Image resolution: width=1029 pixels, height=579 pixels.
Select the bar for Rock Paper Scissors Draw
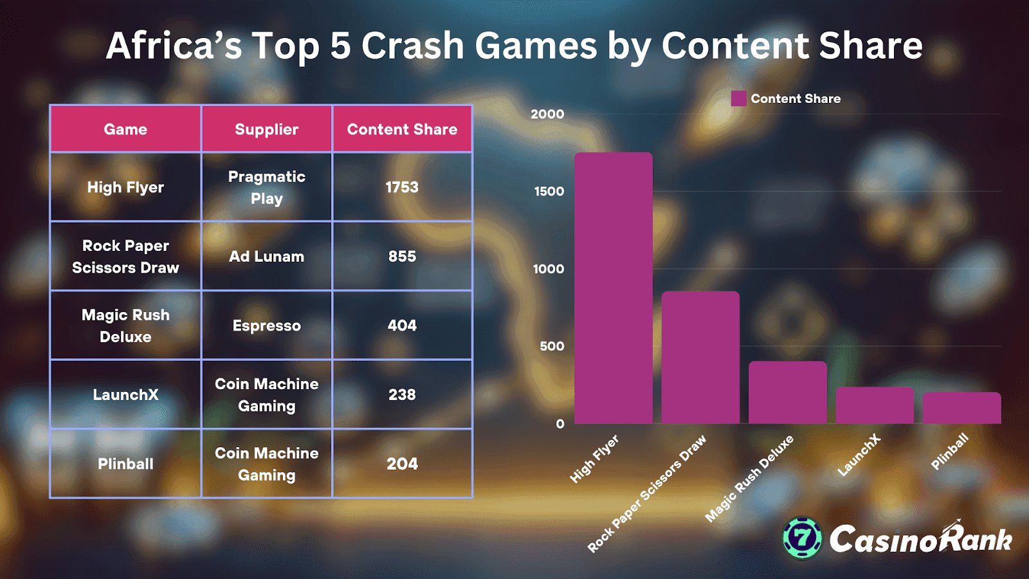tap(700, 358)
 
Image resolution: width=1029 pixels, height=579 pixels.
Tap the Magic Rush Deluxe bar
tap(787, 392)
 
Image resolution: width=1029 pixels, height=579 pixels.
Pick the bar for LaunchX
tap(875, 405)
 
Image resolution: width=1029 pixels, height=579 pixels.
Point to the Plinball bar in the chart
tap(961, 408)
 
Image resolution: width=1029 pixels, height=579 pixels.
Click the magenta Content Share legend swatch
tap(739, 98)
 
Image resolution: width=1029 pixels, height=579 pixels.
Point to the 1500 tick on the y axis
tap(549, 191)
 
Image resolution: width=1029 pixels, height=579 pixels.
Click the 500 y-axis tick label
tap(552, 346)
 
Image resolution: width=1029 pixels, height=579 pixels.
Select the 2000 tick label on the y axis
tap(547, 114)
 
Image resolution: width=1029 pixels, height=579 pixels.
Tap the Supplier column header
tap(266, 129)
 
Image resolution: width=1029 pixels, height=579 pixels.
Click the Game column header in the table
tap(125, 129)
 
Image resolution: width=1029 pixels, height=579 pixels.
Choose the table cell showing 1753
tap(402, 187)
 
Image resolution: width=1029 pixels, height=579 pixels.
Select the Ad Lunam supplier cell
tap(266, 256)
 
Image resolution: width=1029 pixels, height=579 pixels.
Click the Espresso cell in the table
tap(266, 326)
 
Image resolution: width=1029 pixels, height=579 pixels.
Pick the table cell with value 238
tap(402, 394)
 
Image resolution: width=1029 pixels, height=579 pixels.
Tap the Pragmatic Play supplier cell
tap(266, 187)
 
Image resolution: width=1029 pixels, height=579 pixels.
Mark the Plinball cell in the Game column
tap(125, 464)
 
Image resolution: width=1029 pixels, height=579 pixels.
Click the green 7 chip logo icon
tap(802, 537)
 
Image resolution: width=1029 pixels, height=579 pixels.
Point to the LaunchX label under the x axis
tap(859, 455)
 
